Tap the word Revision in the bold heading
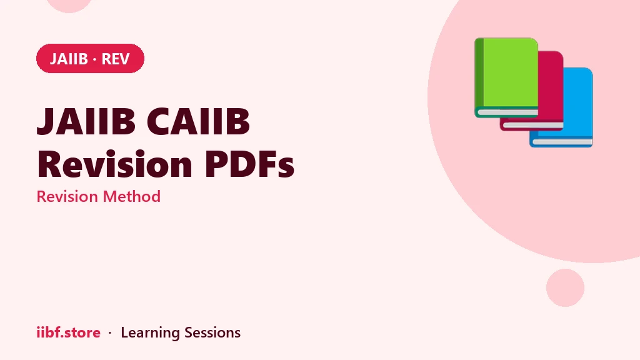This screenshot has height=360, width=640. click(115, 164)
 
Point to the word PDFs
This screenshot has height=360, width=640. click(249, 164)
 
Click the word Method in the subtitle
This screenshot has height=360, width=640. click(131, 196)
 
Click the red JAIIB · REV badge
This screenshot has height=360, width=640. click(90, 58)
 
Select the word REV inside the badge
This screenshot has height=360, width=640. click(116, 59)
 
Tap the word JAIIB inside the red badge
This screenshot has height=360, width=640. click(69, 59)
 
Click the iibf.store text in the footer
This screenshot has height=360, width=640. click(69, 332)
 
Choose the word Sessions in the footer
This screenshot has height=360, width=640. click(212, 332)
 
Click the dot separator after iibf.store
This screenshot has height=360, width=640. click(110, 333)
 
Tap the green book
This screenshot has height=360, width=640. click(506, 77)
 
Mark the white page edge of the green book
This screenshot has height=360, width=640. click(507, 112)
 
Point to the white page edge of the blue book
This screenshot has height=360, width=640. click(563, 142)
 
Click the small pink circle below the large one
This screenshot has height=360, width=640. click(565, 287)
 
